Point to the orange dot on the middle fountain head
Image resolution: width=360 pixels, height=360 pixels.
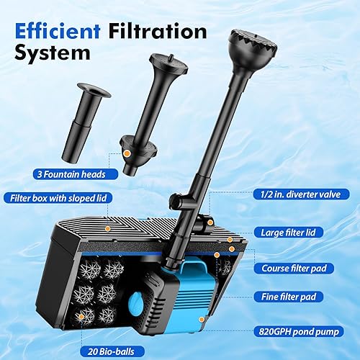coord(127,153)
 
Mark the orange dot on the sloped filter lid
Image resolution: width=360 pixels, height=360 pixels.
coord(107,228)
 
